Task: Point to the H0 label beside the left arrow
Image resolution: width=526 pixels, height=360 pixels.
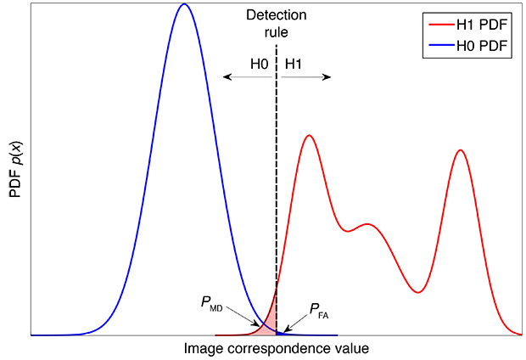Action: point(260,64)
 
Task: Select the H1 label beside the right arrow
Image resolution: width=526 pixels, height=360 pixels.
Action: point(293,64)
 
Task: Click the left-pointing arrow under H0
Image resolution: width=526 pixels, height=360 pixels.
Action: point(246,77)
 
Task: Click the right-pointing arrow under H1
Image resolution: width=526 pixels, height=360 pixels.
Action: point(305,77)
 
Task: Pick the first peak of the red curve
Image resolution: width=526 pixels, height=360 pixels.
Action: point(310,136)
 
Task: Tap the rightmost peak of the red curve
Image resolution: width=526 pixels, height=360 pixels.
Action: point(461,150)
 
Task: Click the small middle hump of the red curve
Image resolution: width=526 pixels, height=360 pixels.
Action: point(367,224)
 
